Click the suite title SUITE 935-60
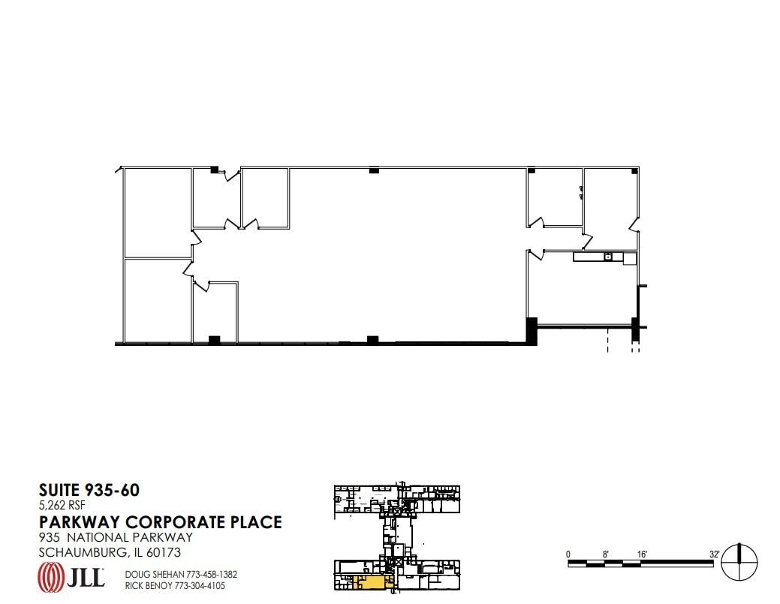point(89,491)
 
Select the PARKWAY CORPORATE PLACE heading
point(160,521)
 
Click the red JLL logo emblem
point(50,577)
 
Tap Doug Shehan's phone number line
point(168,574)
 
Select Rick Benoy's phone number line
point(168,585)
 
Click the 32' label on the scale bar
point(715,554)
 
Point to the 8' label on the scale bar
point(605,554)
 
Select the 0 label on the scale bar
point(568,554)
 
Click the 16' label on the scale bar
point(642,554)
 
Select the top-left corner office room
point(157,212)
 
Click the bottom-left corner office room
point(156,300)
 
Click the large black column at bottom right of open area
point(532,331)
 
